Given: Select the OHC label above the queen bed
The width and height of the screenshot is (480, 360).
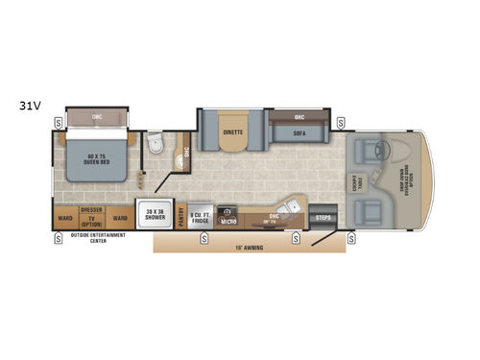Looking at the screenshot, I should (97, 117).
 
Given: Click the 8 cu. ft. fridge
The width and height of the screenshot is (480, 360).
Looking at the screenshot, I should (201, 216).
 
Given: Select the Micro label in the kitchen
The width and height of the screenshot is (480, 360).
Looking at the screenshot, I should (228, 221).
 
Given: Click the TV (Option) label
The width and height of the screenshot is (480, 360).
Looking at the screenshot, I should (91, 220).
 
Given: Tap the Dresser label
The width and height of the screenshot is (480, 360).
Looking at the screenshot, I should (91, 208).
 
